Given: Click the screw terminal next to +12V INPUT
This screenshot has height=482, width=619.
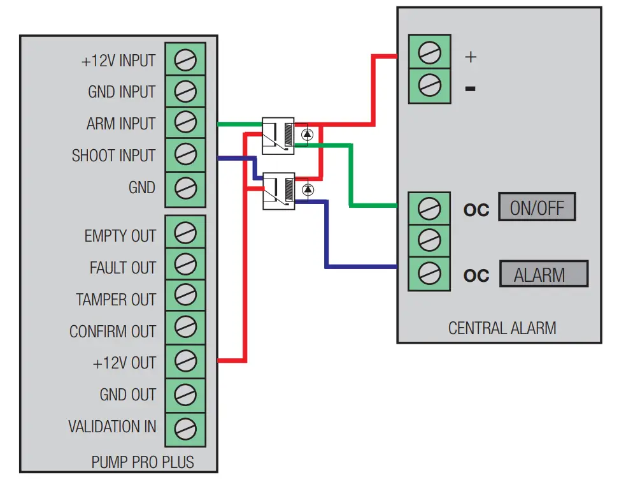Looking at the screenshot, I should [185, 61].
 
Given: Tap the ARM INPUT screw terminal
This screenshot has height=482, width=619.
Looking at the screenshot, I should [185, 122].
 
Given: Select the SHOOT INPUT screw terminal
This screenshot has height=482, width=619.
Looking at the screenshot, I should [185, 155].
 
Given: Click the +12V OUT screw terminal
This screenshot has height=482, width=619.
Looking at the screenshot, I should [185, 361].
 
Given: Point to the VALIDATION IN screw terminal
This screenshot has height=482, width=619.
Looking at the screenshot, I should [185, 427].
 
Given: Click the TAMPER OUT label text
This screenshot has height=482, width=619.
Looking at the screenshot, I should [115, 300].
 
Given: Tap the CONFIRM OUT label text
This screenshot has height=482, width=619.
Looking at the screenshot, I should [112, 332].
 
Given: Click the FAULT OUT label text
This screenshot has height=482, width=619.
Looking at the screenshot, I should [122, 268].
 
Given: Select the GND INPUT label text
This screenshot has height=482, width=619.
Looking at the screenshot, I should [121, 92].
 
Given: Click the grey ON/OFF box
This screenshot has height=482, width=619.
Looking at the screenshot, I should [537, 208].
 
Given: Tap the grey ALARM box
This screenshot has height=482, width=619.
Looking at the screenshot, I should [543, 275].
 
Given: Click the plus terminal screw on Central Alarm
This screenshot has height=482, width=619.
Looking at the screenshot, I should [429, 52].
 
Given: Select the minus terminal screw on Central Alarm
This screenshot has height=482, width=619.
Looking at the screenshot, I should [429, 84].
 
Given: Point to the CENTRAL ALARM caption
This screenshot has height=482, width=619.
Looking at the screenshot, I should [502, 328].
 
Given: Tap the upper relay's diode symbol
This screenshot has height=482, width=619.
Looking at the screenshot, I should [308, 135].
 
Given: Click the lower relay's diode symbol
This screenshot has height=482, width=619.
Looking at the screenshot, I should [308, 189].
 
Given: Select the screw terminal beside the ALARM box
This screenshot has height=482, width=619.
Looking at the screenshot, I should [429, 274].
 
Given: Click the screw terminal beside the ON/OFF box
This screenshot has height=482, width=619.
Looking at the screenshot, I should [429, 208].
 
